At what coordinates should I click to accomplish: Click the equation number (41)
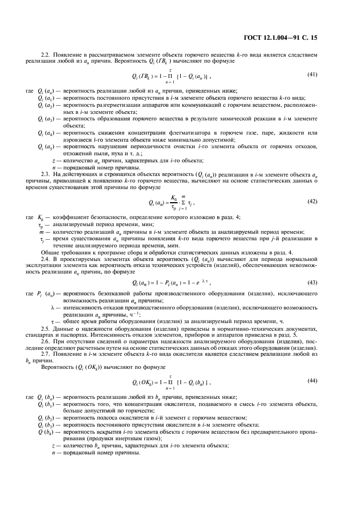(313, 74)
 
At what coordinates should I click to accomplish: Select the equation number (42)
(313, 201)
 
